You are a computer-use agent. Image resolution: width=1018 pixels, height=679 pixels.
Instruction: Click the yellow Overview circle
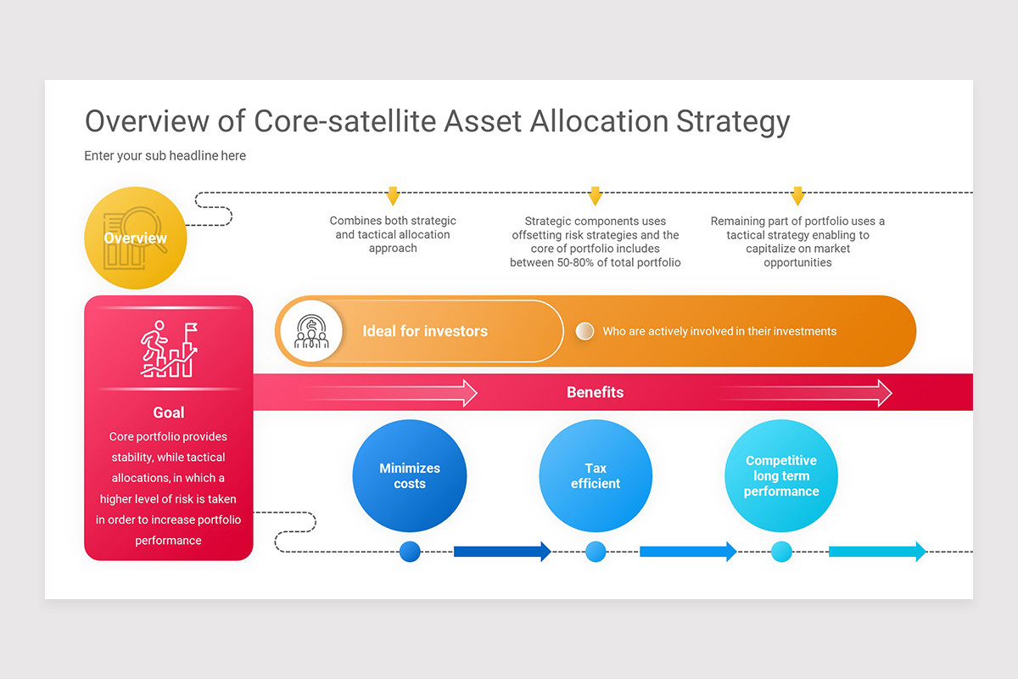[136, 238]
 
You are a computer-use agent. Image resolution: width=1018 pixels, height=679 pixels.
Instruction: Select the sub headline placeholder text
[165, 156]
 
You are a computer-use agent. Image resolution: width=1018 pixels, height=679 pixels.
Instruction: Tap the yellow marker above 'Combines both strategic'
[392, 195]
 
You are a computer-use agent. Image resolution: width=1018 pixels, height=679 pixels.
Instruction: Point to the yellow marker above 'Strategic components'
[595, 195]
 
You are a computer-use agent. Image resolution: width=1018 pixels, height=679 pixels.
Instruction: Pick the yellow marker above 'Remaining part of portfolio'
[797, 195]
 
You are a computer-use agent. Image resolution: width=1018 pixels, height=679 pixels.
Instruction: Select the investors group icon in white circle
[311, 331]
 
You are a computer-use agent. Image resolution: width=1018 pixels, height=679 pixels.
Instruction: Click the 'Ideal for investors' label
[425, 331]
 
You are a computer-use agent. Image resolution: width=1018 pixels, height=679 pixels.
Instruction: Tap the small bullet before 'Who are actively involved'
[585, 331]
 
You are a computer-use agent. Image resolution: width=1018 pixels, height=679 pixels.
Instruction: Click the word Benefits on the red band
[595, 392]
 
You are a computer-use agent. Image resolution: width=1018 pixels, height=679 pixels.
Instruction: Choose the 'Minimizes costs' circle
[410, 476]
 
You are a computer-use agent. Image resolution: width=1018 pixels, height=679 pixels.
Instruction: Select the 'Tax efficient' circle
[596, 476]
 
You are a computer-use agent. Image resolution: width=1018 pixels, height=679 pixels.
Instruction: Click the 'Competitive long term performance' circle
[781, 476]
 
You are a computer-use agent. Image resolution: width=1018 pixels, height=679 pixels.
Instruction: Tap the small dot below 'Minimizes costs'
[410, 552]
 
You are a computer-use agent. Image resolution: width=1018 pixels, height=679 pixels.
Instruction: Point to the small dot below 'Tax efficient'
[596, 552]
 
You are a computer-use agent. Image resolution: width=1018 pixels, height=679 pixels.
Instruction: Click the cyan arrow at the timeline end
[877, 552]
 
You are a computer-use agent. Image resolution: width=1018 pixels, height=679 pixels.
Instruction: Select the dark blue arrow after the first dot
[502, 552]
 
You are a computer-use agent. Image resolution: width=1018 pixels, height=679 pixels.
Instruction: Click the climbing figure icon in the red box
[168, 349]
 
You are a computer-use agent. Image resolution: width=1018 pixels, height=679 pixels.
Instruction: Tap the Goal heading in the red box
[168, 412]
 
